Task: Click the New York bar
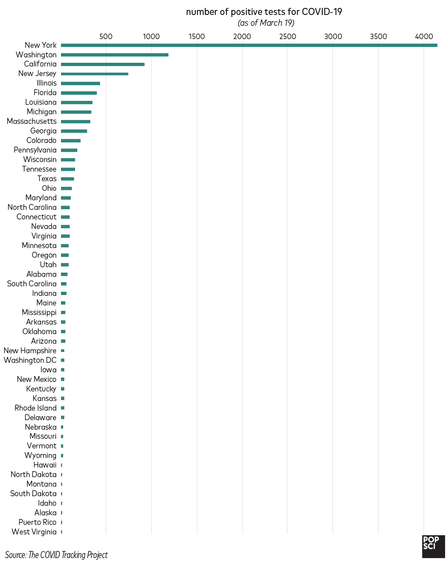249,45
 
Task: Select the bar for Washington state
114,55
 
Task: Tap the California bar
102,64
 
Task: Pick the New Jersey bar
95,74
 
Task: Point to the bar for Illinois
80,84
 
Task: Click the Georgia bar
74,131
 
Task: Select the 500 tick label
106,37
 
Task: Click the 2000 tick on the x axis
242,37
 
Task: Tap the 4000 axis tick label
424,37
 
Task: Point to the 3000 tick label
333,37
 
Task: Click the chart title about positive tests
264,12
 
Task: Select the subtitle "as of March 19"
266,23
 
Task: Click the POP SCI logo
433,546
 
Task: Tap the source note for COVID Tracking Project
56,555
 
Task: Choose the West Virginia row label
34,532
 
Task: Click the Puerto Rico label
37,522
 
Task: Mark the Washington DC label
30,360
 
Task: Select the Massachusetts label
32,121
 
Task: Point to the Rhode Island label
35,408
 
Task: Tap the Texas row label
47,179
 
